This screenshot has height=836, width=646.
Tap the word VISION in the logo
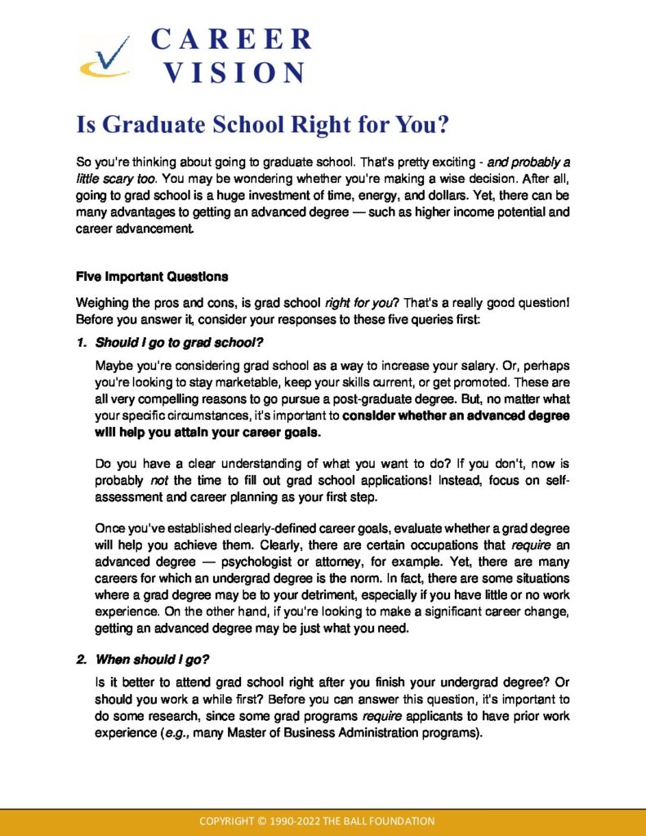(234, 73)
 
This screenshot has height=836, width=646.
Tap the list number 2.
(82, 659)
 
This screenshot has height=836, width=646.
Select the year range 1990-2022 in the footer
(308, 820)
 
